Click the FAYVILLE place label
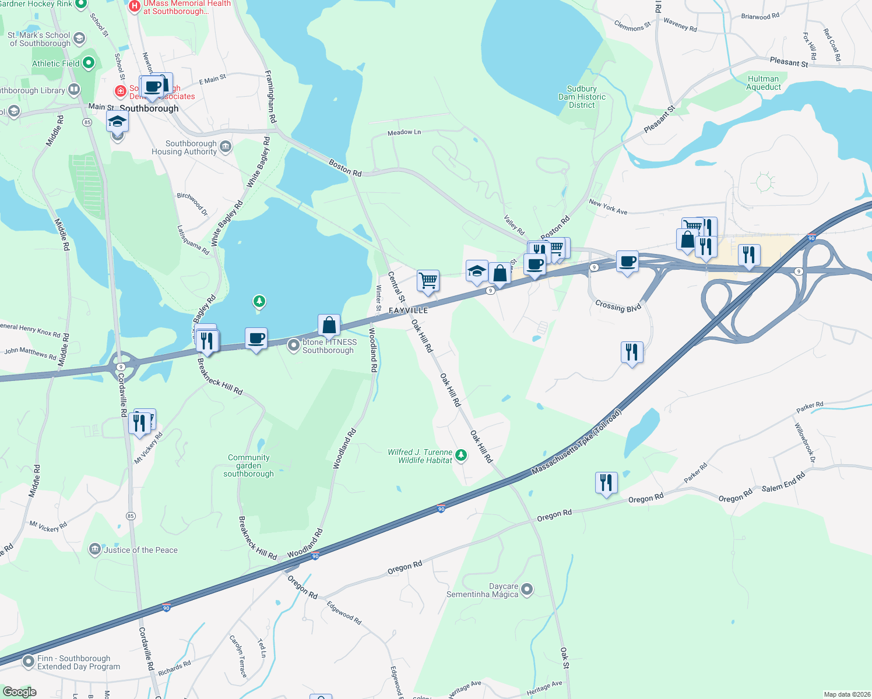(x=408, y=310)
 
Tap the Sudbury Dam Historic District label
(x=582, y=97)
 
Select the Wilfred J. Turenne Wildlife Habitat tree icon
(x=461, y=455)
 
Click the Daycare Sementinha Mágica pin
(x=527, y=589)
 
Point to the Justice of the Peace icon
(x=94, y=549)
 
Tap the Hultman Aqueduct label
(x=763, y=83)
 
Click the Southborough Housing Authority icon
(x=226, y=146)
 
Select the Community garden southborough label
(x=249, y=465)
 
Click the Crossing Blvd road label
(x=618, y=306)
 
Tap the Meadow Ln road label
(x=404, y=132)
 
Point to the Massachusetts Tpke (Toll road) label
(x=576, y=442)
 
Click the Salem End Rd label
(x=783, y=482)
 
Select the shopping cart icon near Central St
(x=428, y=280)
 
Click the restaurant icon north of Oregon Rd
(x=606, y=482)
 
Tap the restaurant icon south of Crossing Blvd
(x=632, y=352)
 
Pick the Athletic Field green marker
(x=89, y=62)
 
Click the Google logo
(x=19, y=692)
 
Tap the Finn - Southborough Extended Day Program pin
(x=29, y=662)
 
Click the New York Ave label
(x=608, y=207)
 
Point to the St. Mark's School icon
(x=79, y=38)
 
